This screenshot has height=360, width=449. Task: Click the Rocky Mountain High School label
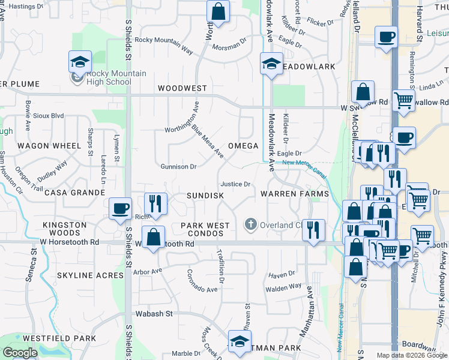[x=109, y=77]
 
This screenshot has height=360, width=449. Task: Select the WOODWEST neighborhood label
[x=182, y=88]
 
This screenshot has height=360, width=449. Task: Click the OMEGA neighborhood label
[x=243, y=146]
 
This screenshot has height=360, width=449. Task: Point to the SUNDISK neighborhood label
[x=205, y=196]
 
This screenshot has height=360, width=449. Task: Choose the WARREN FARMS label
[x=295, y=194]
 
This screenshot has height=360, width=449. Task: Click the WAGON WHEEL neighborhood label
[x=49, y=146]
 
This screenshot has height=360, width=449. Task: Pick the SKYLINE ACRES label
[x=90, y=275]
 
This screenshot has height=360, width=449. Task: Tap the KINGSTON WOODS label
[x=61, y=229]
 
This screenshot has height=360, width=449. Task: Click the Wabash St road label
[x=153, y=313]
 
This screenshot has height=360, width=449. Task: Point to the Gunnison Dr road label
[x=178, y=167]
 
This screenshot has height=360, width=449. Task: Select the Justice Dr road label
[x=235, y=185]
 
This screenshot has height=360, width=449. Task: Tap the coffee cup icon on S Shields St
[x=121, y=208]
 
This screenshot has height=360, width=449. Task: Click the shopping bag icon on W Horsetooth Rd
[x=154, y=236]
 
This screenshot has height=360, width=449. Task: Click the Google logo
[x=20, y=353]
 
